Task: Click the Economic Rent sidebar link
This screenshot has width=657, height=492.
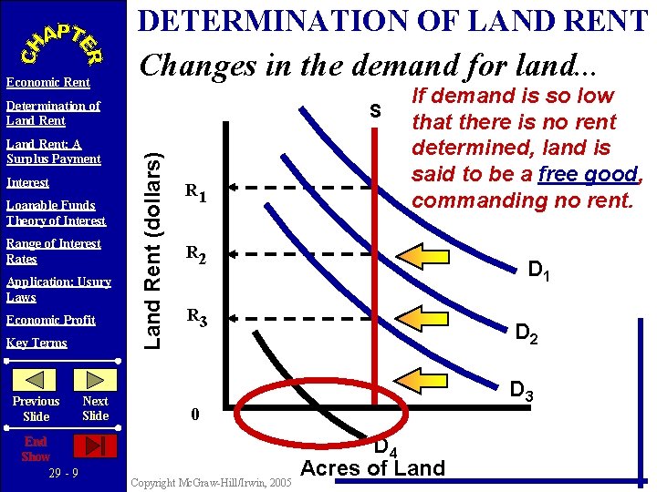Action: pyautogui.click(x=47, y=83)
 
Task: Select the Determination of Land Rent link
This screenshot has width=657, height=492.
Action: pyautogui.click(x=52, y=113)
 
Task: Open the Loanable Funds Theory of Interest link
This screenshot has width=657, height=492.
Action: pyautogui.click(x=56, y=212)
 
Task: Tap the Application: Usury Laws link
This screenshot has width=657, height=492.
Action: pyautogui.click(x=58, y=289)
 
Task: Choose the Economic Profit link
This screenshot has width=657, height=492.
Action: pyautogui.click(x=50, y=320)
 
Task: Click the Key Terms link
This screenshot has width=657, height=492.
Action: pyautogui.click(x=36, y=343)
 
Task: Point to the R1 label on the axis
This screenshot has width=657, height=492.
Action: pyautogui.click(x=195, y=192)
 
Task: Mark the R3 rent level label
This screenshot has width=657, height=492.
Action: pyautogui.click(x=195, y=318)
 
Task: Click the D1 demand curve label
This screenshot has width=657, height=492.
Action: pyautogui.click(x=539, y=269)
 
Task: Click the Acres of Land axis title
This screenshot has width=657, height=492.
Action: pyautogui.click(x=372, y=468)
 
